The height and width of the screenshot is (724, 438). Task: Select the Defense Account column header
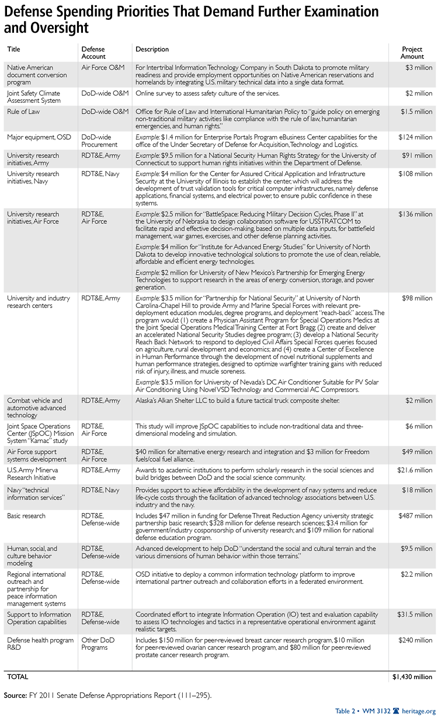[94, 53]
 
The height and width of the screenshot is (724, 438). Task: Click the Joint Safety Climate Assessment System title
[34, 96]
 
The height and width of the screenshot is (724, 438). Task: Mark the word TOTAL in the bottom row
[18, 677]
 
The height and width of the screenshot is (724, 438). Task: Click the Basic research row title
[27, 516]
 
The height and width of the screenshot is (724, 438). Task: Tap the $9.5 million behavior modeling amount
[416, 549]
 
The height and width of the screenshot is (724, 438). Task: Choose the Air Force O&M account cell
[103, 67]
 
